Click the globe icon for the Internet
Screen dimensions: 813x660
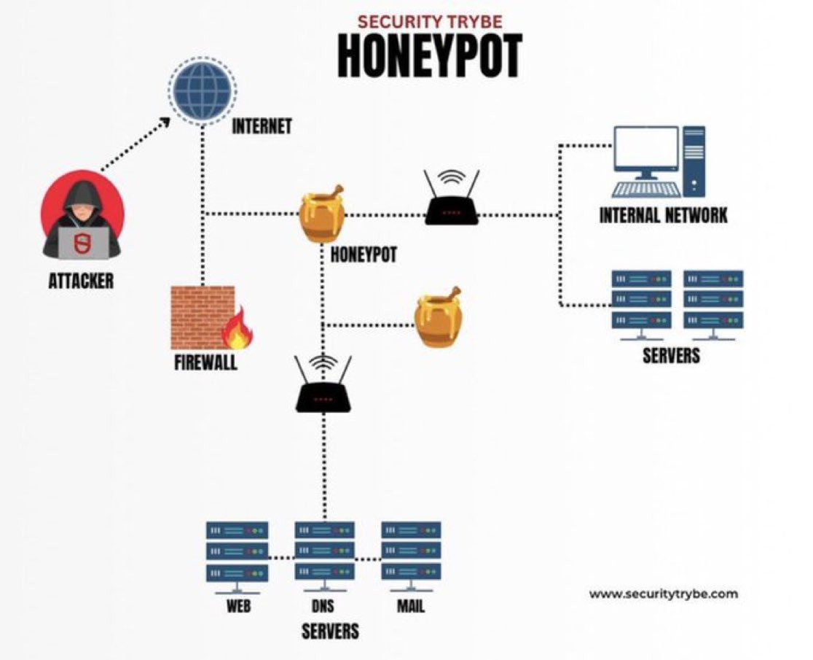203,91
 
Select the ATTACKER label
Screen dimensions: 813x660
81,282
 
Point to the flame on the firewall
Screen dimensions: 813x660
238,328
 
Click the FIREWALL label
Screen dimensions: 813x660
206,362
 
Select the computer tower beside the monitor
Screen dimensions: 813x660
694,161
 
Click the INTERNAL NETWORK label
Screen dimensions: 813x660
663,215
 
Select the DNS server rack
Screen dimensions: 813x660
325,556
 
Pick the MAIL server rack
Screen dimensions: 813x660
411,556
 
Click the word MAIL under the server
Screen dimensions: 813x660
411,606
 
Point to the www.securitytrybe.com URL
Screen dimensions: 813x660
663,594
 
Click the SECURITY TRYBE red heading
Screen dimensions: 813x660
430,22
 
